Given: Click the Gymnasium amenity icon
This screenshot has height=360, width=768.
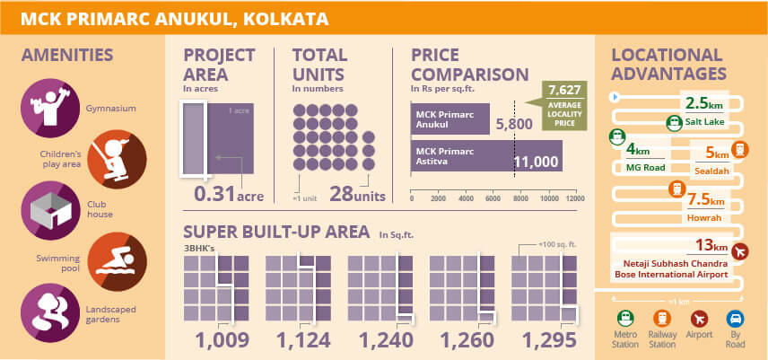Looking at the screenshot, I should click(x=45, y=104).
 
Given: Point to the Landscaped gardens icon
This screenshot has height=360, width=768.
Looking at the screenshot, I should click(x=45, y=309).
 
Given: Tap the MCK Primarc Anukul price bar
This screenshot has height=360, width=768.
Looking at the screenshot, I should click(x=449, y=119).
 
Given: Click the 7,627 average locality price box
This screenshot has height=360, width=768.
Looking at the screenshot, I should click(x=563, y=106).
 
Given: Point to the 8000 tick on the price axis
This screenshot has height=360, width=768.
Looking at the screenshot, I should click(x=521, y=198).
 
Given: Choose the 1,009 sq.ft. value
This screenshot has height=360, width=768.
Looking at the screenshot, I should click(x=220, y=341).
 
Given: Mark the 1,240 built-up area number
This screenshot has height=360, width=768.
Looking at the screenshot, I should click(x=384, y=341).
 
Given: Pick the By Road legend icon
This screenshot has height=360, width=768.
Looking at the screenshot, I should click(x=735, y=319).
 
